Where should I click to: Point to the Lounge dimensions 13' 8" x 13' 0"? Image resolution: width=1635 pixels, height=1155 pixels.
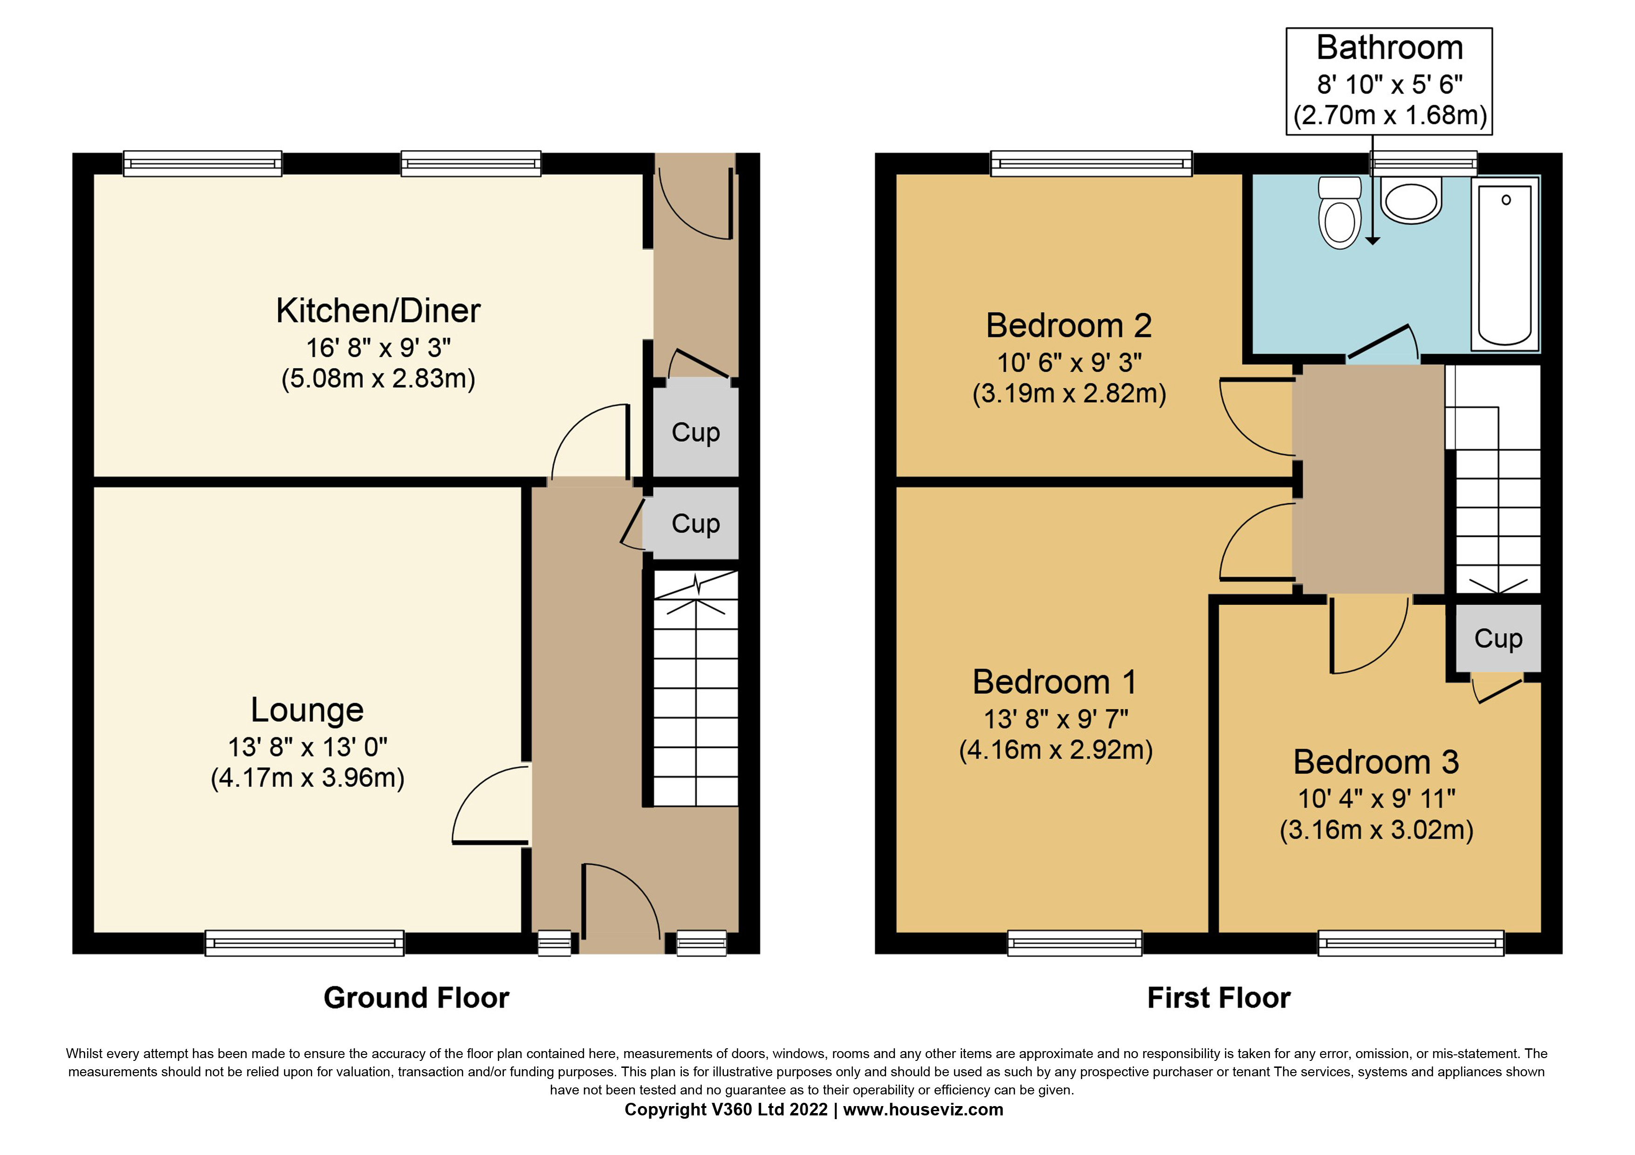[x=307, y=747]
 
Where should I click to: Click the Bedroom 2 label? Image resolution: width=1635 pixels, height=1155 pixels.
[x=1068, y=326]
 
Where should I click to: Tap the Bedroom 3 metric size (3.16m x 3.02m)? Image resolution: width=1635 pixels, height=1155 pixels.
[x=1376, y=830]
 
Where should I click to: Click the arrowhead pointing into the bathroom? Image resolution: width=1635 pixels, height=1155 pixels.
[x=1372, y=240]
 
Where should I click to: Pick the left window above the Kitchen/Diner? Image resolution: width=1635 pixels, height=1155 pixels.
[x=202, y=164]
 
